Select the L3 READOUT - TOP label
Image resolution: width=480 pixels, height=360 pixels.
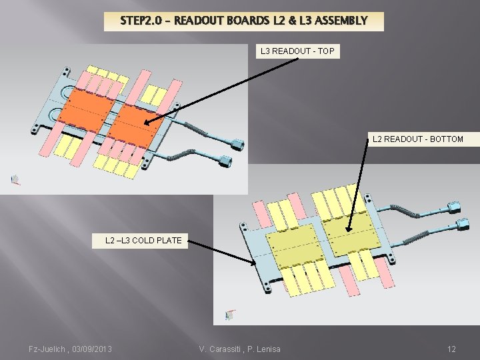pos(297,51)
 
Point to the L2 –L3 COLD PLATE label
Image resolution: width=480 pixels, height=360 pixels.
pos(143,240)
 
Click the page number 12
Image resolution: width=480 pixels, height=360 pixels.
pos(451,349)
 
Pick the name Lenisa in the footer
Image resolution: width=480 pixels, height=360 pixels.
pos(266,349)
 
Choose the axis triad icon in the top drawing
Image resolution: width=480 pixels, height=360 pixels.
pos(15,179)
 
